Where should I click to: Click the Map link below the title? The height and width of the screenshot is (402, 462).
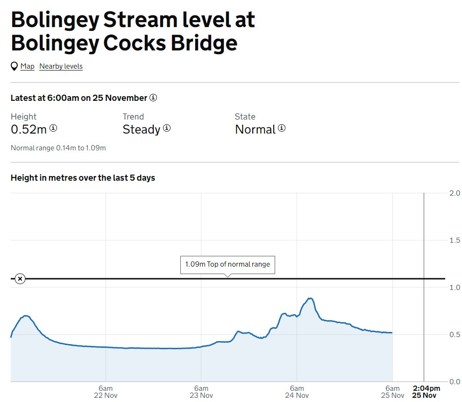[28, 66]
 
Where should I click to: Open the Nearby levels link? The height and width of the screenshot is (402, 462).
[61, 66]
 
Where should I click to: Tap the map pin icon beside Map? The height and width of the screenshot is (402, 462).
[14, 66]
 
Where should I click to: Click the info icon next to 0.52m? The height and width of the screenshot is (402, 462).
[53, 128]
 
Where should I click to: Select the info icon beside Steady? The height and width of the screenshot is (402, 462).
[167, 128]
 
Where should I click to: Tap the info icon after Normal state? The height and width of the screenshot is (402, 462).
[282, 128]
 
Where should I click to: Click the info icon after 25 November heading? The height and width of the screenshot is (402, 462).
[153, 98]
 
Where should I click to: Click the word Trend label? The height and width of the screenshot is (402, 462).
[133, 117]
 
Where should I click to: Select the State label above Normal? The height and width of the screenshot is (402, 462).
[245, 117]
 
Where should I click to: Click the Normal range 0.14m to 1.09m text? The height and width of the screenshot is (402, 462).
[58, 148]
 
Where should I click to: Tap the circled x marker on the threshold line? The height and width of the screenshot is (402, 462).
[20, 279]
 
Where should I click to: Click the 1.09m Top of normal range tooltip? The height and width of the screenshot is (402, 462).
[227, 264]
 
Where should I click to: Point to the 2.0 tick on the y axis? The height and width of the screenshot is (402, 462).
[454, 193]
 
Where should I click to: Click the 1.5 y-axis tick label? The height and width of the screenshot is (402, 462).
[454, 240]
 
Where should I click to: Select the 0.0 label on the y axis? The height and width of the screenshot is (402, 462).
[454, 381]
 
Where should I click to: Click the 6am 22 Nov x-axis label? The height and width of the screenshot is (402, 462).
[106, 392]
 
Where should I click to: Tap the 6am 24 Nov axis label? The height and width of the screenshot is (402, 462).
[297, 392]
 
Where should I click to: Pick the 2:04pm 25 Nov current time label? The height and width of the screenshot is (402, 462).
[426, 392]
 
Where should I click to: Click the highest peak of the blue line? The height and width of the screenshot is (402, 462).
[309, 298]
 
